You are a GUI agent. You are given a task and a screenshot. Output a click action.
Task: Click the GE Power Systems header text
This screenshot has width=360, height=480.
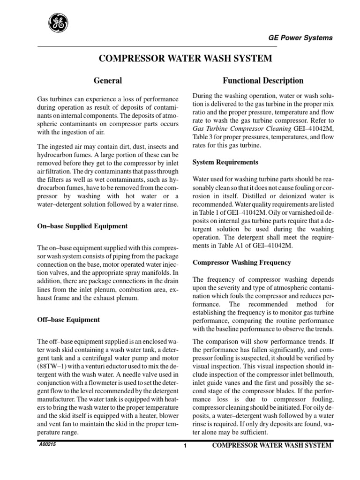point(300,37)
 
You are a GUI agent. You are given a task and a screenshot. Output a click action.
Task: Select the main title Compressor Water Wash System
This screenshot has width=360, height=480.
point(185,59)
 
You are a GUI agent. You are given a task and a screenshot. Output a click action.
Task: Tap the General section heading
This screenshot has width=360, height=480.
point(108,81)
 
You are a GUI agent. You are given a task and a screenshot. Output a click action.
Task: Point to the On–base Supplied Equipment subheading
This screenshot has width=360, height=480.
point(82,226)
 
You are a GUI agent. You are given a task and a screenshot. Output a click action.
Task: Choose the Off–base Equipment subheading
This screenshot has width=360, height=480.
point(68,320)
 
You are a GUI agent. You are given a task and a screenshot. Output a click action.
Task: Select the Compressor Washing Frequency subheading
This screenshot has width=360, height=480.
point(242,262)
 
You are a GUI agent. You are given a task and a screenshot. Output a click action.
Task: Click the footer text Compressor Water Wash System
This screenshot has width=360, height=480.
point(272,445)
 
